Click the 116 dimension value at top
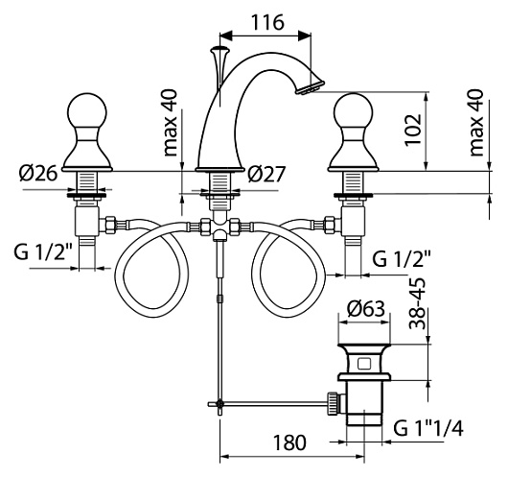267,22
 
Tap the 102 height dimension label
413,131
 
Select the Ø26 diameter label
38,174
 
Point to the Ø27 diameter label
266,175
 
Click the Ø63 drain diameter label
366,309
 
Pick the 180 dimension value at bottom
289,442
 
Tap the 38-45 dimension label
417,303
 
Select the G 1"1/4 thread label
428,428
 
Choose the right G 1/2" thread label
402,258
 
